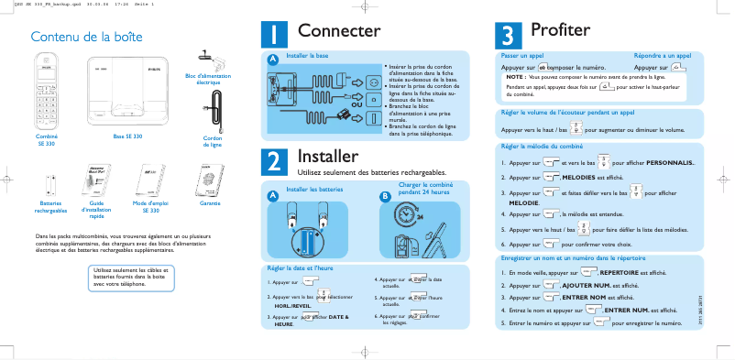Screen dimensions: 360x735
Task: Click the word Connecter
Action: pos(339,32)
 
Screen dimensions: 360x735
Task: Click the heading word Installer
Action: pos(335,156)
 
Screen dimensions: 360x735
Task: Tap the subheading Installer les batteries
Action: pos(314,189)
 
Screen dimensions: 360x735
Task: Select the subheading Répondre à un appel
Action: pos(663,56)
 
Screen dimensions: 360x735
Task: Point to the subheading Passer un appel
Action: pos(522,56)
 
